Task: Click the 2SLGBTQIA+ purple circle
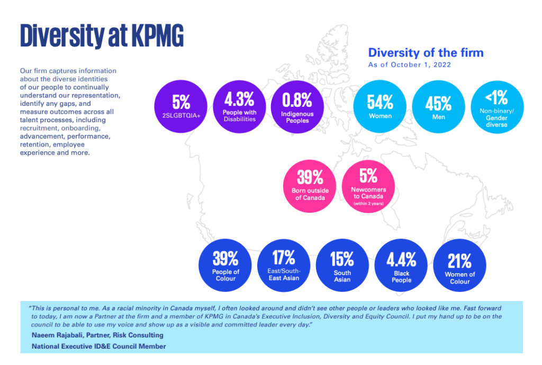tap(181, 106)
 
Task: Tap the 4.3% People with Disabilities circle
tap(239, 106)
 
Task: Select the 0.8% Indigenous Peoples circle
tap(297, 106)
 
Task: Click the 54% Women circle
tap(380, 106)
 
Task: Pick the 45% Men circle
tap(438, 106)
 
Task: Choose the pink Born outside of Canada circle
tap(310, 185)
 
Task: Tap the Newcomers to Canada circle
tap(368, 185)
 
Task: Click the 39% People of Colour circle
tap(225, 266)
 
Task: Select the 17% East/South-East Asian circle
tap(284, 266)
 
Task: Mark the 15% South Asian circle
tap(342, 266)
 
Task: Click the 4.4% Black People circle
tap(401, 266)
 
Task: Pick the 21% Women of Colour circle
tap(459, 266)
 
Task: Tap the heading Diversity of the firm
tap(426, 52)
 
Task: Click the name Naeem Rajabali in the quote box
tap(58, 335)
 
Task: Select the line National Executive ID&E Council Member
tap(98, 346)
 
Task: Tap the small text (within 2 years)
tap(368, 203)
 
